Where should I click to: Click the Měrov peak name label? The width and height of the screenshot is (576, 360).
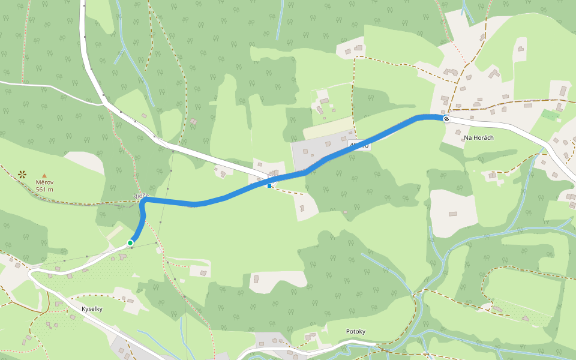coord(44,182)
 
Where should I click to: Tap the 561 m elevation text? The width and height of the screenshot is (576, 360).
coord(44,190)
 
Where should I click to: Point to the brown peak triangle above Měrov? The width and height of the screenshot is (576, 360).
coord(44,175)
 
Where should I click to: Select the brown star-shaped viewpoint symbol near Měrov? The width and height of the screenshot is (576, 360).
coord(22,175)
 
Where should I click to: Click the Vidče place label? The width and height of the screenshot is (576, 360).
coord(141,196)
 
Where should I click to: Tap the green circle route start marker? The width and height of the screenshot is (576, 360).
coord(130,243)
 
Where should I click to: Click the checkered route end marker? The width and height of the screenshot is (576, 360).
coord(446,119)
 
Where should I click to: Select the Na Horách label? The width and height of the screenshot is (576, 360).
coord(478,138)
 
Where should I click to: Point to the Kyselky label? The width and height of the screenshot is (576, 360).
coord(93,309)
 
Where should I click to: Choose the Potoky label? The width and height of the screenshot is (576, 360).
coord(355,332)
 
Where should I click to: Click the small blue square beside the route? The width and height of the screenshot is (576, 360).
coord(269,186)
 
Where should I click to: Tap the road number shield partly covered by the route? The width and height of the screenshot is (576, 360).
coord(359,146)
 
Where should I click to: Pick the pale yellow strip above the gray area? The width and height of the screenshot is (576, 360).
coord(330,128)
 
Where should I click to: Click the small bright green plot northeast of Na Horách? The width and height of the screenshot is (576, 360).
coord(549,114)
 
